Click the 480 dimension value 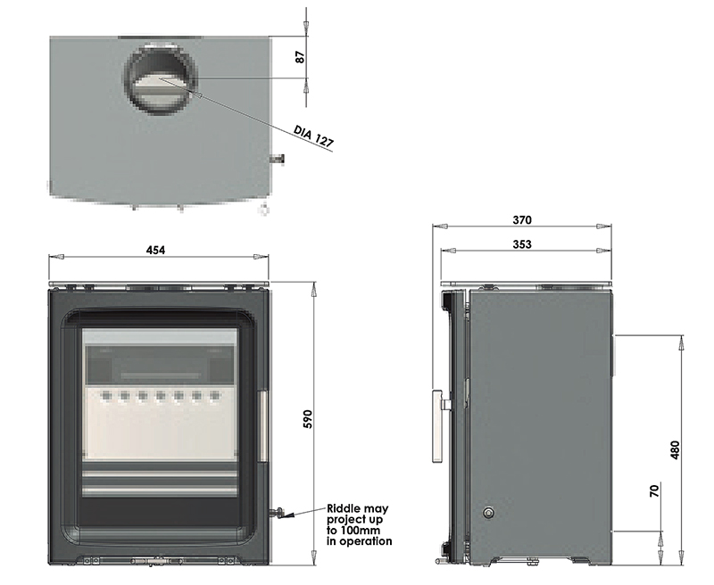[x=675, y=449]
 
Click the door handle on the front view [x=262, y=425]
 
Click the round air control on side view [x=488, y=512]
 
